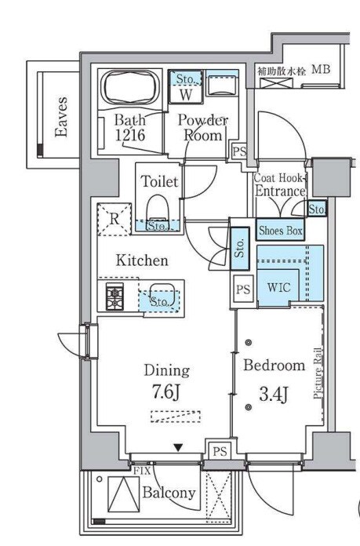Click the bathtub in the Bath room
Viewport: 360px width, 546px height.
(x=130, y=88)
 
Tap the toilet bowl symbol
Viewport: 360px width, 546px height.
(x=158, y=208)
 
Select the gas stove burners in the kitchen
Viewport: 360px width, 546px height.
(x=115, y=297)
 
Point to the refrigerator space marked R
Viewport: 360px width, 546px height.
(x=115, y=220)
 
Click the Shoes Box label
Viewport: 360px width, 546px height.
(x=280, y=230)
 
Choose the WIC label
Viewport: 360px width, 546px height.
(x=278, y=288)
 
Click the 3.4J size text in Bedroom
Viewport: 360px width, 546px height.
(x=274, y=394)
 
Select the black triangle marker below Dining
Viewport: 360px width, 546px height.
(x=178, y=447)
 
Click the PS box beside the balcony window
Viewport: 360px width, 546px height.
(x=220, y=451)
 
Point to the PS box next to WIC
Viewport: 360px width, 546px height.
(x=243, y=289)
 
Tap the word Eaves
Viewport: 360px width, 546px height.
(x=62, y=117)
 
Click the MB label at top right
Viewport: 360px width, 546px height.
(x=321, y=69)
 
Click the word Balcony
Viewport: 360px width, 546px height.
(x=169, y=493)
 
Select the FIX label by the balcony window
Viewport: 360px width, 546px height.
(x=142, y=471)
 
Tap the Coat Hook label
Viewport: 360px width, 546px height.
(x=278, y=178)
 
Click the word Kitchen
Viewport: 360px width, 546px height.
(x=142, y=260)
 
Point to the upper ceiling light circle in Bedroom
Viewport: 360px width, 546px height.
(x=249, y=343)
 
